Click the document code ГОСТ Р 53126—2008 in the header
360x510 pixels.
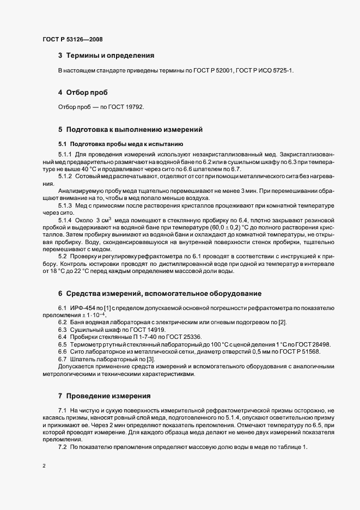coord(72,39)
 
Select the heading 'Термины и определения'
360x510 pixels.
coord(110,56)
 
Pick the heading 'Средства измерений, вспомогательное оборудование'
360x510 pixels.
coord(163,294)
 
